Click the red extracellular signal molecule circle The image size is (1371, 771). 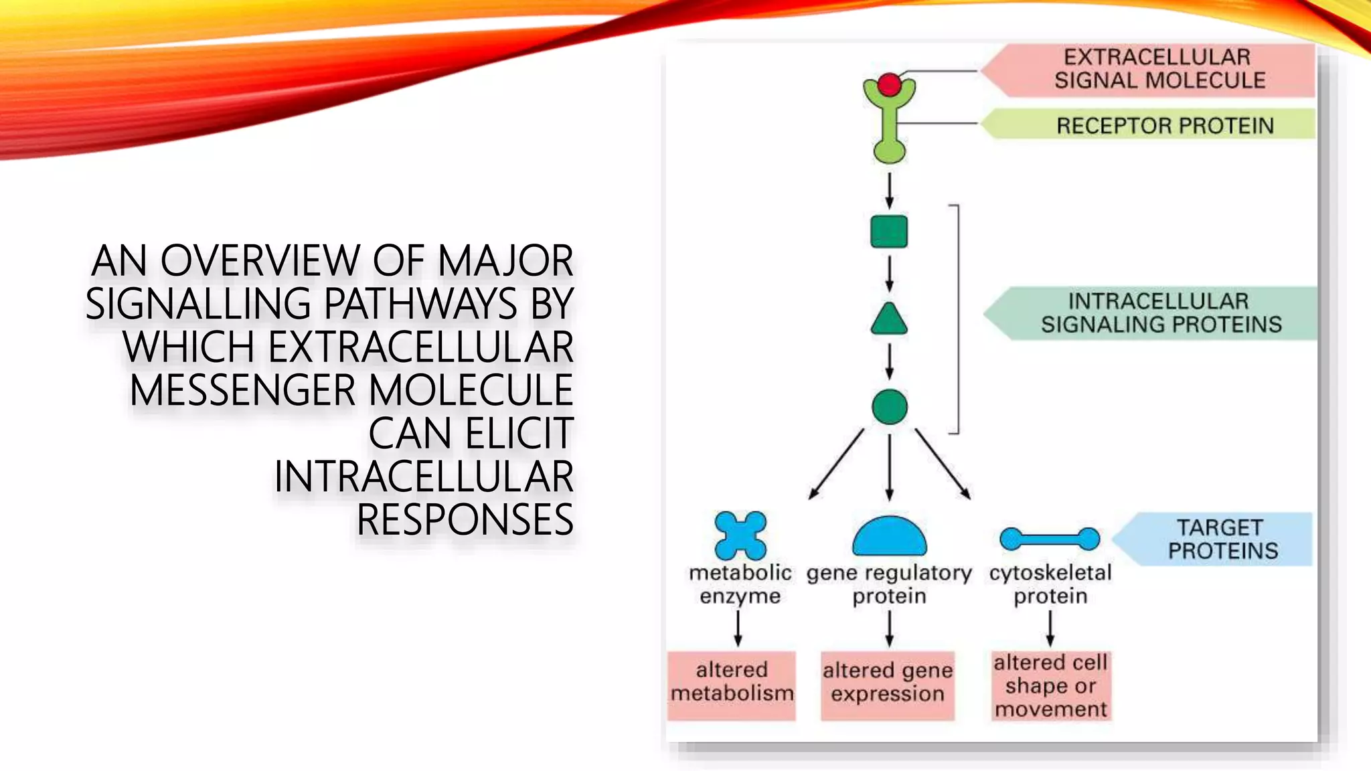(x=889, y=85)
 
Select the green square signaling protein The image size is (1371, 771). (x=889, y=232)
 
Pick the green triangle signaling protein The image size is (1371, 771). (x=889, y=321)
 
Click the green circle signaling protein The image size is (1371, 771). (x=889, y=407)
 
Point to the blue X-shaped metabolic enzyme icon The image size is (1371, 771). (x=740, y=535)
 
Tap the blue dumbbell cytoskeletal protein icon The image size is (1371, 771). (x=1049, y=538)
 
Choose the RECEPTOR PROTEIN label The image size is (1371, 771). (x=1164, y=125)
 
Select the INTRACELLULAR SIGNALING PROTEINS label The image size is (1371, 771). (x=1160, y=313)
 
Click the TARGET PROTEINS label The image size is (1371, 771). (x=1222, y=539)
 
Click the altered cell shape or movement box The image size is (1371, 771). (x=1050, y=685)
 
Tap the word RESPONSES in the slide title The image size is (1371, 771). (x=465, y=519)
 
